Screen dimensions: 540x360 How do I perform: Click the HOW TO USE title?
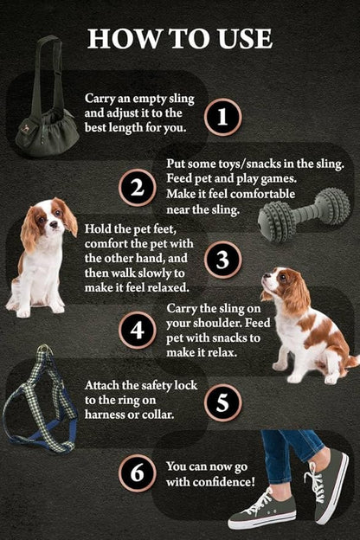tap(180, 38)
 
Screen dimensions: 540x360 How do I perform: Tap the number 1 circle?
tap(222, 116)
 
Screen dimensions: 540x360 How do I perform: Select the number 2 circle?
tap(137, 188)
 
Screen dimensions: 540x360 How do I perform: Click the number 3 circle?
tap(222, 260)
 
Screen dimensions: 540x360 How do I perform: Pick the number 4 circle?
tap(137, 331)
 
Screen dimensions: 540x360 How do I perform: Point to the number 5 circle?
tap(222, 402)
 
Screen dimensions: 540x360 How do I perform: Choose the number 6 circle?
tap(137, 473)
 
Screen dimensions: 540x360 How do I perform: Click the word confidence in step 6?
tap(226, 481)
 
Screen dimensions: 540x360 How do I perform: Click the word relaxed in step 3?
tap(158, 287)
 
